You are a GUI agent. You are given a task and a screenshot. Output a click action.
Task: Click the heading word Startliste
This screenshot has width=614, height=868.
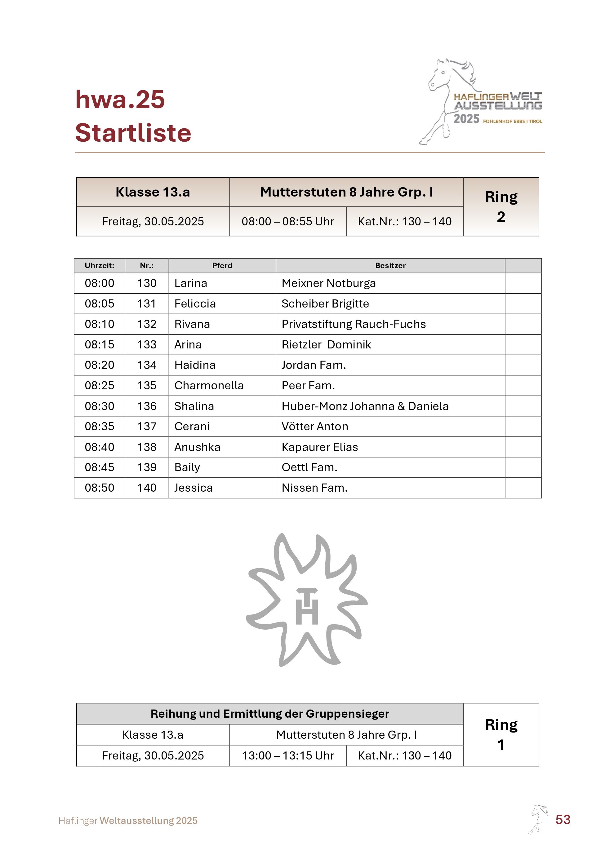point(133,133)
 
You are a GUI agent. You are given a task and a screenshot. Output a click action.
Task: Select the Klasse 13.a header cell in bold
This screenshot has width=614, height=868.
point(153,192)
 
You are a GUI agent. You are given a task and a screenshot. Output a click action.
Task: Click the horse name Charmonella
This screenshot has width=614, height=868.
point(209,385)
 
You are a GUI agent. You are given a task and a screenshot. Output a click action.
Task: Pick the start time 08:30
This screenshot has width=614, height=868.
point(100,406)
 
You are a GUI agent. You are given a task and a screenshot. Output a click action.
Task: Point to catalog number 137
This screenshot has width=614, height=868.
point(147,427)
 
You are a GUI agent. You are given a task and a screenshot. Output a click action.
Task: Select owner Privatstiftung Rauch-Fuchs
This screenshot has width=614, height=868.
point(354,324)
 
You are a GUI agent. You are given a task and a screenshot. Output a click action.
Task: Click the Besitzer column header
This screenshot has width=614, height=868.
point(390,265)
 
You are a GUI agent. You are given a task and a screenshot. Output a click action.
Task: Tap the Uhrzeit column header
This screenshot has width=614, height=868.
point(100,265)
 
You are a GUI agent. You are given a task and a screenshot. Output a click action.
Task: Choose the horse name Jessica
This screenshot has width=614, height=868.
point(193,488)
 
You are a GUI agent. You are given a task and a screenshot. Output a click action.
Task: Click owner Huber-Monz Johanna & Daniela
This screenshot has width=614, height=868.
point(365,406)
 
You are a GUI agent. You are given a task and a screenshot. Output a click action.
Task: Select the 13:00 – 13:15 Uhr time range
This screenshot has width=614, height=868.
point(288,755)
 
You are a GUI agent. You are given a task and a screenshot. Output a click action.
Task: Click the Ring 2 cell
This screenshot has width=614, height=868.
point(501,207)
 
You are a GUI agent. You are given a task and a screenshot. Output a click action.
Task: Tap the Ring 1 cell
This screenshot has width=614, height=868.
point(501,735)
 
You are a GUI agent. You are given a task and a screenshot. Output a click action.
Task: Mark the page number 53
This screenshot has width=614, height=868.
point(563,819)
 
